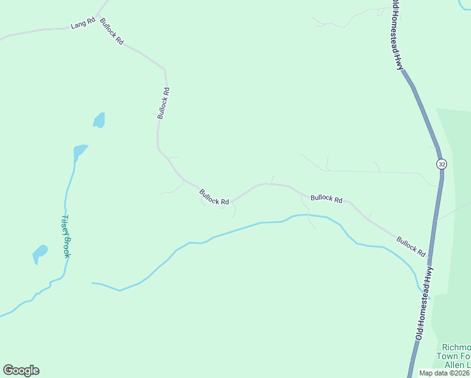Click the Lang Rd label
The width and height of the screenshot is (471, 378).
[x=82, y=24]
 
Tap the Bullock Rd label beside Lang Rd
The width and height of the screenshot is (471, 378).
[x=111, y=35]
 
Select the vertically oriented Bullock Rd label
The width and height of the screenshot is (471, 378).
[x=164, y=103]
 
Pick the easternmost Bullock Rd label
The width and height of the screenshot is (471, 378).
[x=411, y=246]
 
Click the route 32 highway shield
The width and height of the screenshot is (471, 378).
[x=441, y=164]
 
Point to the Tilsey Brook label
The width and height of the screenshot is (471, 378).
[x=65, y=236]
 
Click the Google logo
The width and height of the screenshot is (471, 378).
[x=21, y=370]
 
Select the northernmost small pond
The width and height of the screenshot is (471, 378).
[x=99, y=120]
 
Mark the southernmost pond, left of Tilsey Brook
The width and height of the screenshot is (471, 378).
[x=40, y=253]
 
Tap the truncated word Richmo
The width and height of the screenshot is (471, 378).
[x=456, y=347]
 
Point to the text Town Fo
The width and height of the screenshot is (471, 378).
[x=456, y=356]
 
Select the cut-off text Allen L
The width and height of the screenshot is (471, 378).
[x=458, y=365]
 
